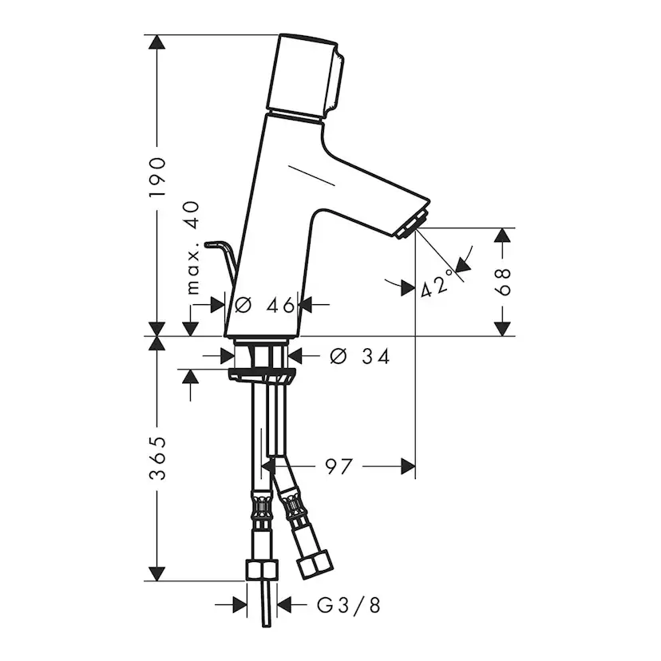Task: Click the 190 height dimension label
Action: (157, 177)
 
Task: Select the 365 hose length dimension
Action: (157, 458)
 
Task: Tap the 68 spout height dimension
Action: (502, 282)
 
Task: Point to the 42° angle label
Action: (438, 283)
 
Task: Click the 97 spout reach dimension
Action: (338, 467)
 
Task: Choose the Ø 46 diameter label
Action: (264, 305)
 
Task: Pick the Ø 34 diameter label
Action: (359, 357)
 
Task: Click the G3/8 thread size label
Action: (349, 606)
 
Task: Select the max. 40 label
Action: (192, 247)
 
